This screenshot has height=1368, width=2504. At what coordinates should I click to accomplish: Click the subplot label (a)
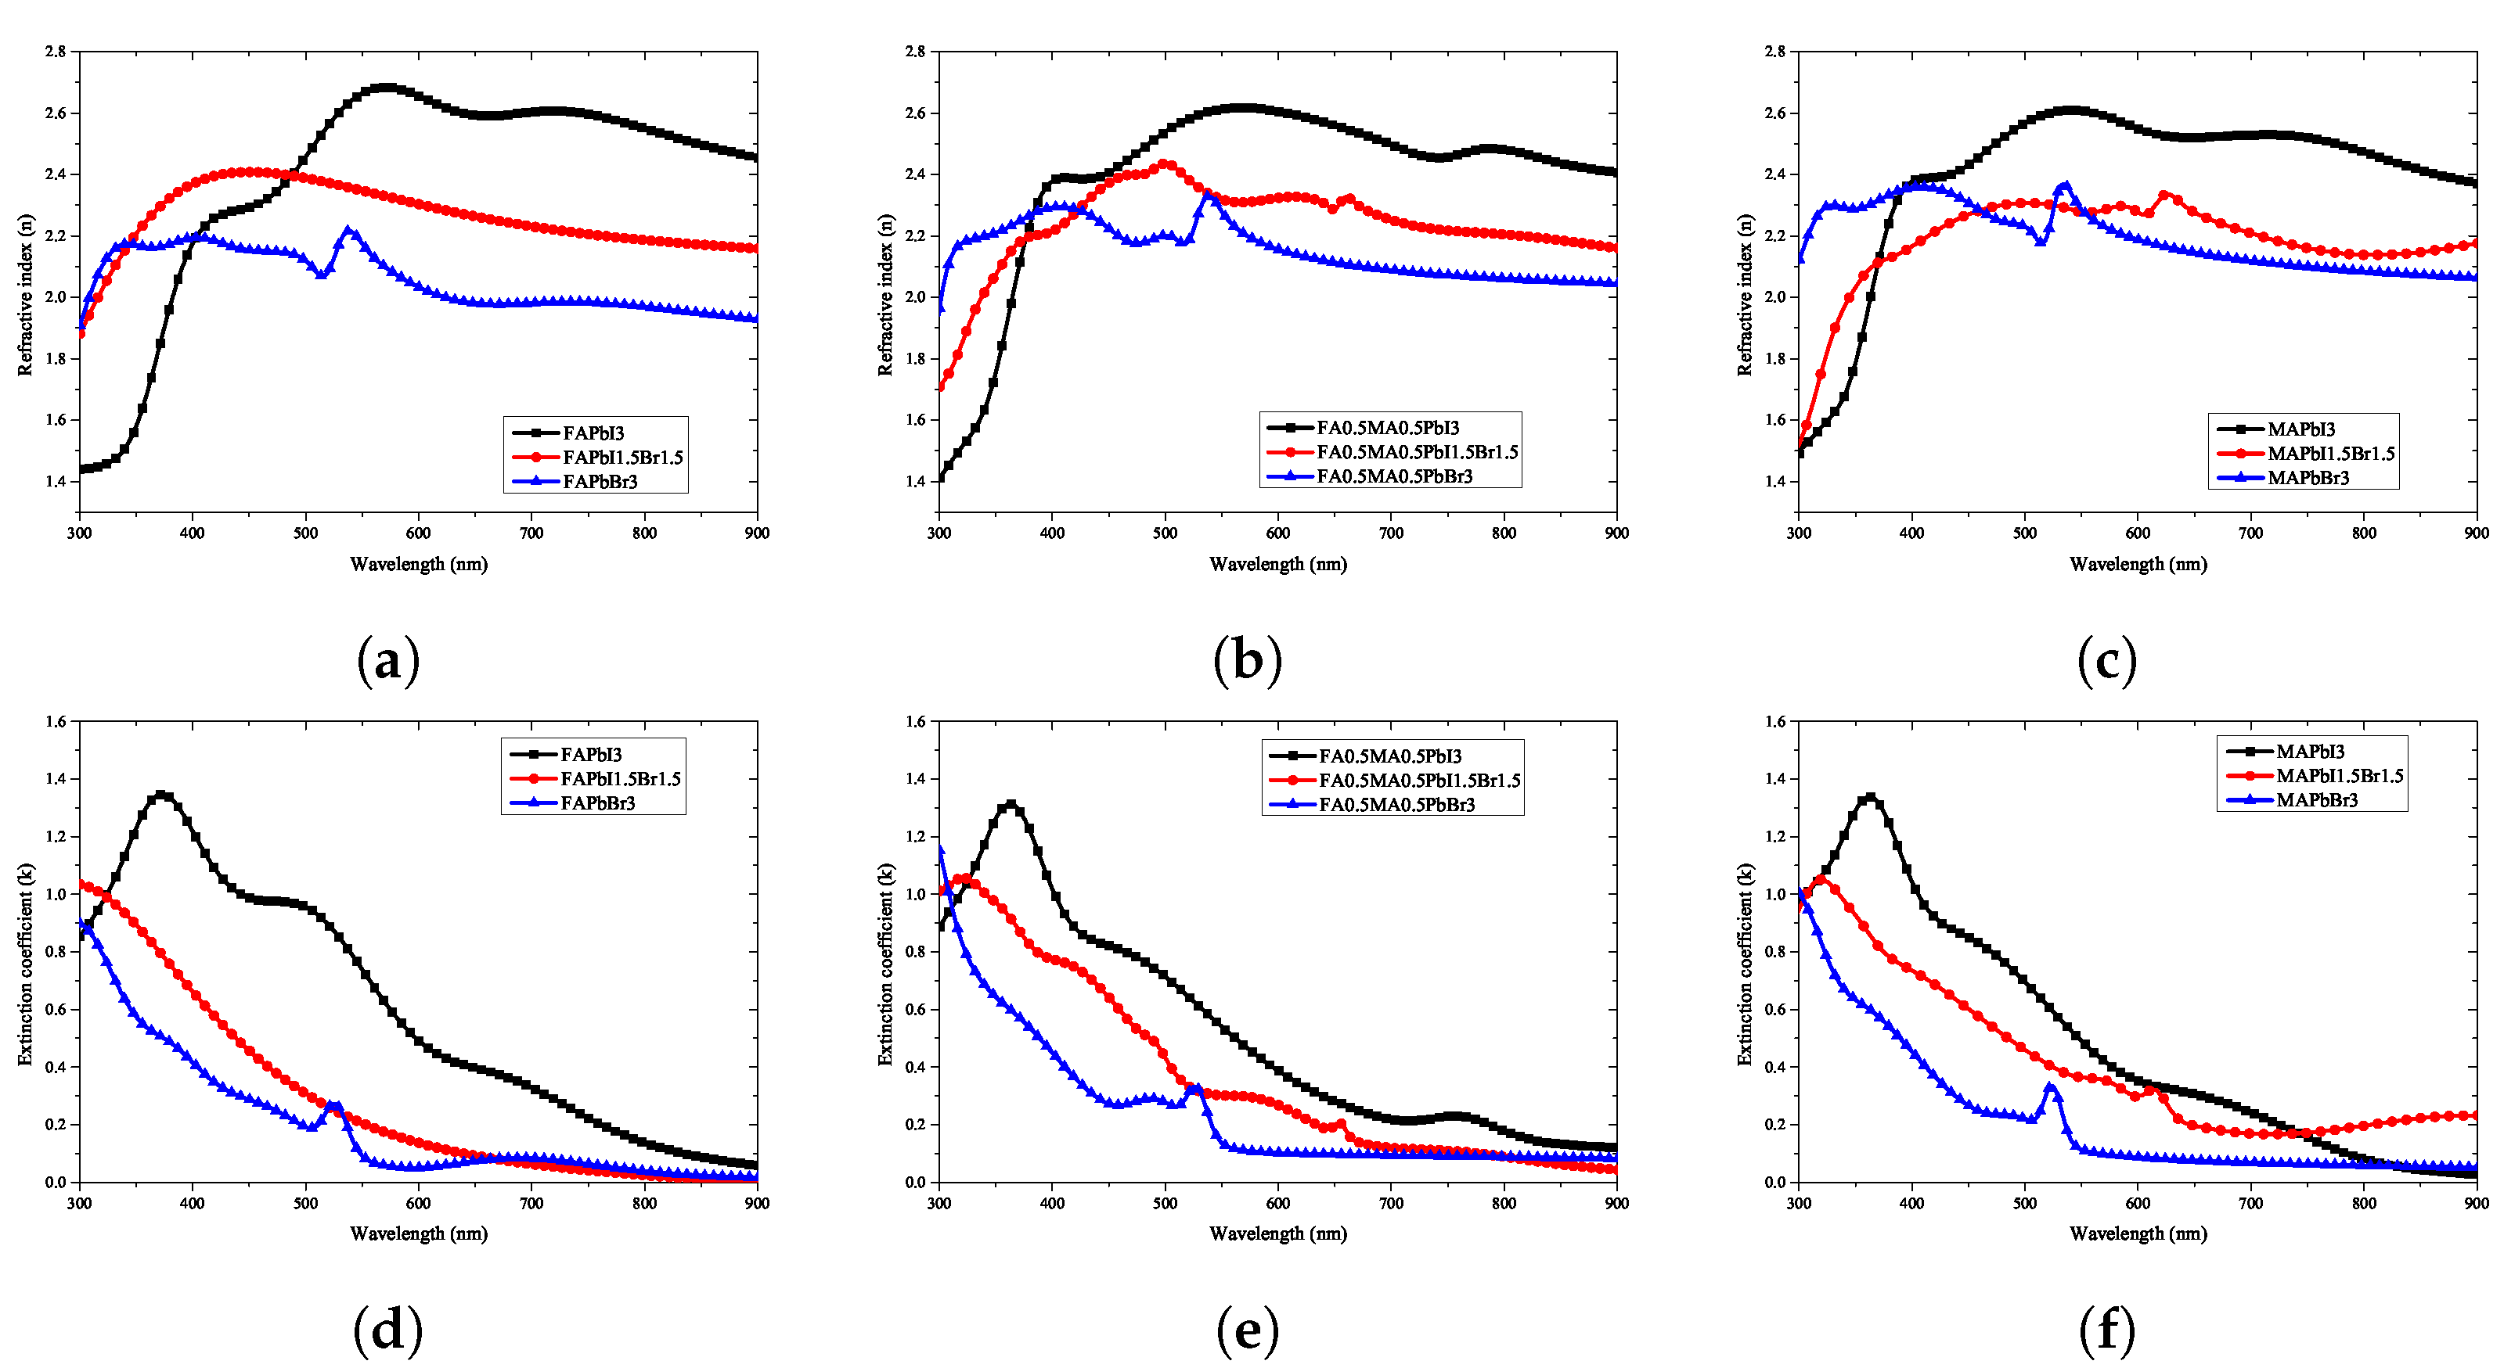(x=387, y=661)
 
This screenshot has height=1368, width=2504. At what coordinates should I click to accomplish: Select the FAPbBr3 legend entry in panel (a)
(x=599, y=482)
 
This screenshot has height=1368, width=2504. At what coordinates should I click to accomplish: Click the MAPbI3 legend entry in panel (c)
(x=2300, y=429)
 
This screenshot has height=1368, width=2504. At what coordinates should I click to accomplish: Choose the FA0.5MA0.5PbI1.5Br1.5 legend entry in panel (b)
(x=1416, y=452)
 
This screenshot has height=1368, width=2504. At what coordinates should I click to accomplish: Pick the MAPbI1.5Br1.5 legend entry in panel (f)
(x=2339, y=775)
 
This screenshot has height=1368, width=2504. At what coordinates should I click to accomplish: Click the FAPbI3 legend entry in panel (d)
(x=590, y=754)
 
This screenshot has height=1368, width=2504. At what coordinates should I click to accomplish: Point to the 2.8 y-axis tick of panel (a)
(x=56, y=52)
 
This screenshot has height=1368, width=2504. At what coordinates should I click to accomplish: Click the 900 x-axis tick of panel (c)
(x=2476, y=533)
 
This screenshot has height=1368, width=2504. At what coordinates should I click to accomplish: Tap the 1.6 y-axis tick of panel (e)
(x=915, y=721)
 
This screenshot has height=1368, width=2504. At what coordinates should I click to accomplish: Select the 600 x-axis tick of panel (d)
(x=418, y=1203)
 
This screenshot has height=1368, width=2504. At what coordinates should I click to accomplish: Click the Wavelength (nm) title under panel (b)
(x=1277, y=563)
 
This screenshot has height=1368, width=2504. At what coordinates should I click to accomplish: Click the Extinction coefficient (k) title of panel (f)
(x=1745, y=964)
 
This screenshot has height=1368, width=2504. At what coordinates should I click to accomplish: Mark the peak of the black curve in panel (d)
(x=161, y=795)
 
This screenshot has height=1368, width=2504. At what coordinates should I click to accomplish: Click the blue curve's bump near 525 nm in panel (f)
(x=2051, y=1088)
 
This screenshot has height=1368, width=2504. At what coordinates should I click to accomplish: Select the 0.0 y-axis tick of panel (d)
(x=56, y=1181)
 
